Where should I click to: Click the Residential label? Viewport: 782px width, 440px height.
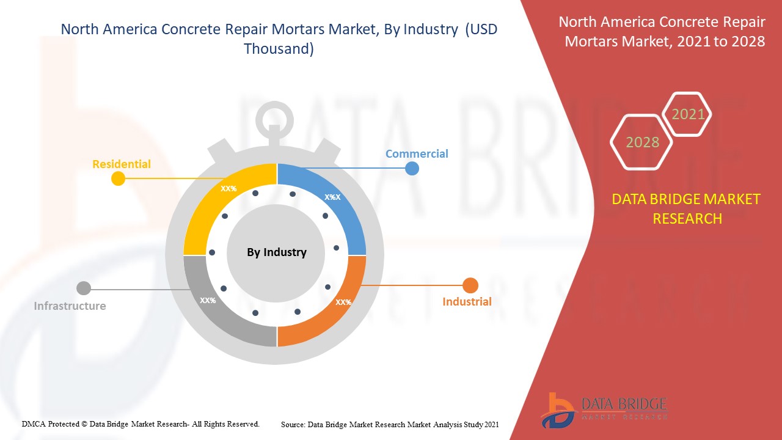(x=121, y=164)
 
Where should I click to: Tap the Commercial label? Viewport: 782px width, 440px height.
(x=417, y=154)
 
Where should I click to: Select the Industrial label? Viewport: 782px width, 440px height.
(x=467, y=302)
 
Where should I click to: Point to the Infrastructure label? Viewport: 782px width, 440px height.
(x=70, y=306)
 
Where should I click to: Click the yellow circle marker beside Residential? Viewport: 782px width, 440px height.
(x=119, y=178)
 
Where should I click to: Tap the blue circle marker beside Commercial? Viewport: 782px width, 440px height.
(x=412, y=168)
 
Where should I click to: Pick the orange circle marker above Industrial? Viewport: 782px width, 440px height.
(x=470, y=285)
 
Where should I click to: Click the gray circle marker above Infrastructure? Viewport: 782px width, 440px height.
(x=84, y=288)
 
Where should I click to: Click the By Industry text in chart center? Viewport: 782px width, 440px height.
(x=277, y=252)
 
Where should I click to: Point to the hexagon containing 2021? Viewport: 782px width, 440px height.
(x=688, y=114)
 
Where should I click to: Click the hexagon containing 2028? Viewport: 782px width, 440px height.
(x=642, y=142)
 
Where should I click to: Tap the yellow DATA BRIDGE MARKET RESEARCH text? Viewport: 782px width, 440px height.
(x=687, y=208)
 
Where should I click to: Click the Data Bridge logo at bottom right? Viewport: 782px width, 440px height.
(x=602, y=409)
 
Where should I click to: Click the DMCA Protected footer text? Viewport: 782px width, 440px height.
(x=141, y=424)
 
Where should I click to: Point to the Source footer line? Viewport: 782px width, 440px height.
(x=390, y=424)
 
